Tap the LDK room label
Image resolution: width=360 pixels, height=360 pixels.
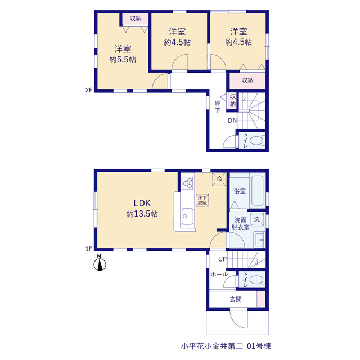coord(142,203)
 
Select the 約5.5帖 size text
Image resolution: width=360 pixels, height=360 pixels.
coord(123,60)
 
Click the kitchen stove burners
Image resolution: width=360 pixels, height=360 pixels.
coord(187,183)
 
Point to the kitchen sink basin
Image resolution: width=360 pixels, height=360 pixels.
coord(187,216)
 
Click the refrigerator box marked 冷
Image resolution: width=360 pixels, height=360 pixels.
coord(219,179)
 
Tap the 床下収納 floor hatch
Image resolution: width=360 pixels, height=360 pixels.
coord(202,200)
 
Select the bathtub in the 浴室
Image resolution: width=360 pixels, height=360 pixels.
coord(257,191)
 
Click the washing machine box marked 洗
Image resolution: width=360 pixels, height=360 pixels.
coord(257,219)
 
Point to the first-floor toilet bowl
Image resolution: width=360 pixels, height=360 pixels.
coord(256,280)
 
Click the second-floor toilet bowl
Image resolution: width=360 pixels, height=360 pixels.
coord(256,141)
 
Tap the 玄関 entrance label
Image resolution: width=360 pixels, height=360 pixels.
coord(236,299)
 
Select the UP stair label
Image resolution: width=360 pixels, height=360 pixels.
coord(223,259)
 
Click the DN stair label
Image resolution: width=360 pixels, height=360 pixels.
coord(232,120)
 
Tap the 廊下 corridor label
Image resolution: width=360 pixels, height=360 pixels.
coord(218,106)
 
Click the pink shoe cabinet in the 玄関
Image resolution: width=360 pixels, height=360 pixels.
coord(261,299)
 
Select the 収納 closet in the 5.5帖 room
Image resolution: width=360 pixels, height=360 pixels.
coord(135,19)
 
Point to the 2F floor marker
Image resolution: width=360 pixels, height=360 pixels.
coord(89,90)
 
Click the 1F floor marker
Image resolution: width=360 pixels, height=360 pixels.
coord(89,249)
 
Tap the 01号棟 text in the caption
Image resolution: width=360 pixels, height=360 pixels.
coord(259,346)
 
